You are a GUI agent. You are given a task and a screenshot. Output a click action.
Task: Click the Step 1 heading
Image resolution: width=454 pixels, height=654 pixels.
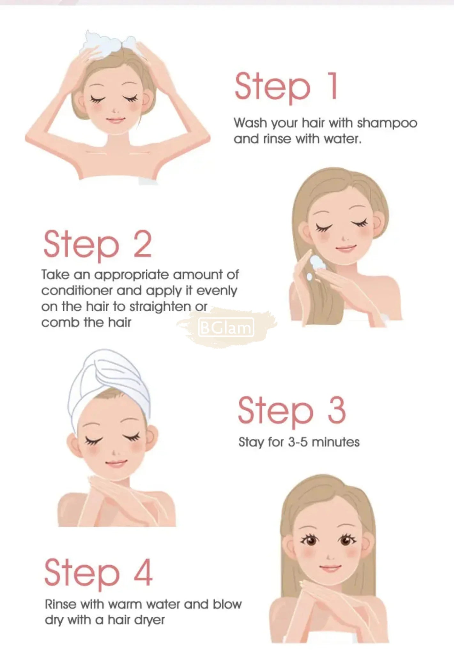286,87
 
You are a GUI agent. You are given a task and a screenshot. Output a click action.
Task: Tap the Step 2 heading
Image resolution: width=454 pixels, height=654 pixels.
97,245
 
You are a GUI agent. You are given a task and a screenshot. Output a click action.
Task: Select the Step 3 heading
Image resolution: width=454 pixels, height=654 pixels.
292,411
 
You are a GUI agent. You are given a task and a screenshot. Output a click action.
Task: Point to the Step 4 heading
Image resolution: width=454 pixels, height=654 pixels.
98,574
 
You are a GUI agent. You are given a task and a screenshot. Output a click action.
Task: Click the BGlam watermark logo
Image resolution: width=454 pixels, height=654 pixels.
226,328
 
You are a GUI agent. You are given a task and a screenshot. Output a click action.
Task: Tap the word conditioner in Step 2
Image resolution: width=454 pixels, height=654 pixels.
77,291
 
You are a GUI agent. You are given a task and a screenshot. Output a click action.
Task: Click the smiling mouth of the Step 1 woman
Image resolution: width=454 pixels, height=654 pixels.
115,121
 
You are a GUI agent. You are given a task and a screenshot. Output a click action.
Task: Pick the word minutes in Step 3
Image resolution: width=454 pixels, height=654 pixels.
335,442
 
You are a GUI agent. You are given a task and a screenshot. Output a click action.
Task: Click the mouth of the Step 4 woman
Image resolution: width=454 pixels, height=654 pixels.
330,568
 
